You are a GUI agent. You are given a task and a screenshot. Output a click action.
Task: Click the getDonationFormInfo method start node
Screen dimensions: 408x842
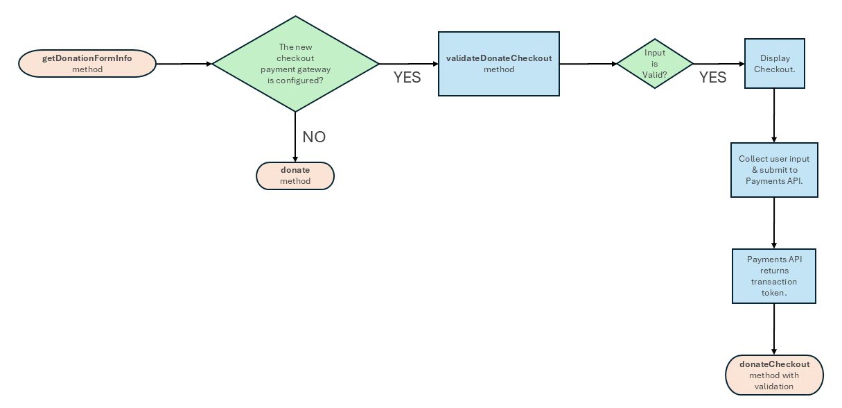(87, 64)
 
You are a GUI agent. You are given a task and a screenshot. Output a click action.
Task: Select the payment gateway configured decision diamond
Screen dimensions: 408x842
(295, 64)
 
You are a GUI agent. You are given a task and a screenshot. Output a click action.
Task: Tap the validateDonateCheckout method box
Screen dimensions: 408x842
(498, 64)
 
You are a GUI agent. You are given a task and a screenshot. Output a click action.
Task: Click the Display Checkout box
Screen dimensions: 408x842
(774, 64)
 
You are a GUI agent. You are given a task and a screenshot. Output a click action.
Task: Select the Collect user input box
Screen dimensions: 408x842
(774, 170)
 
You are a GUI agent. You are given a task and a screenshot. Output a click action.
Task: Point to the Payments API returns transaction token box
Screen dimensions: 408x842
(774, 275)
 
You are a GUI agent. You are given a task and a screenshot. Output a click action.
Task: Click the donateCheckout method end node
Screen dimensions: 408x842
(774, 375)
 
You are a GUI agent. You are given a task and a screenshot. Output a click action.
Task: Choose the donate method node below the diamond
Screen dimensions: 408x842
(295, 176)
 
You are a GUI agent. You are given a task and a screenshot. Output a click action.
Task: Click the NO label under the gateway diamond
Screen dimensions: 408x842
(314, 137)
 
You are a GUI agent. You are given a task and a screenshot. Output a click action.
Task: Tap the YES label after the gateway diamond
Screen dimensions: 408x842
(407, 78)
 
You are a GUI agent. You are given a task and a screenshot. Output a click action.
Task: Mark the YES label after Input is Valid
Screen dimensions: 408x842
(712, 78)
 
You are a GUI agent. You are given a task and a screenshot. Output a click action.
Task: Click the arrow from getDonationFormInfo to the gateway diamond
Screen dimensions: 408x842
(184, 64)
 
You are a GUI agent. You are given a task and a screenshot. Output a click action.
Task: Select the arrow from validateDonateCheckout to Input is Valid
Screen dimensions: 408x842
(588, 64)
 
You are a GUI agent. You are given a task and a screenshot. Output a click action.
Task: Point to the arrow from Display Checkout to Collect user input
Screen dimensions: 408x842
(774, 115)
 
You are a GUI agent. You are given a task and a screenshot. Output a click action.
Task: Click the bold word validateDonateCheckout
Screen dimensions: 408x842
(498, 58)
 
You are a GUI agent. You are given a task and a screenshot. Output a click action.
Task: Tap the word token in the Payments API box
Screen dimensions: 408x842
(774, 292)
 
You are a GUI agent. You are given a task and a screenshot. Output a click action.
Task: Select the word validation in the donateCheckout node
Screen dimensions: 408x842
(774, 386)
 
